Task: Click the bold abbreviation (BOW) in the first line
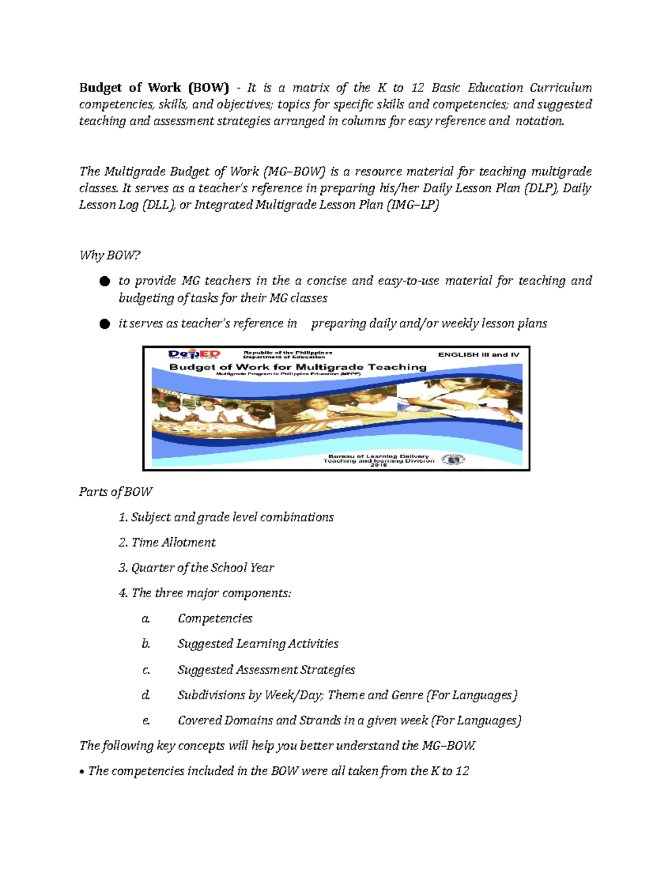208,87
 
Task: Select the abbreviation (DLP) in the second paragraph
541,188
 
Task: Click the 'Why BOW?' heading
110,255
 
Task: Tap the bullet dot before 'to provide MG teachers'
104,281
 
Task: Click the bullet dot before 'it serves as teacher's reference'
104,324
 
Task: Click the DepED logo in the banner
194,354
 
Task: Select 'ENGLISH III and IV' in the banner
478,355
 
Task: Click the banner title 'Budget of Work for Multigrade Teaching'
297,367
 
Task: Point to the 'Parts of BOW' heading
115,492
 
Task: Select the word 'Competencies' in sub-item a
214,618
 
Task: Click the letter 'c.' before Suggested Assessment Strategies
146,670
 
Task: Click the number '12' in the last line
462,771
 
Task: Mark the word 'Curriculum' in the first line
561,87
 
